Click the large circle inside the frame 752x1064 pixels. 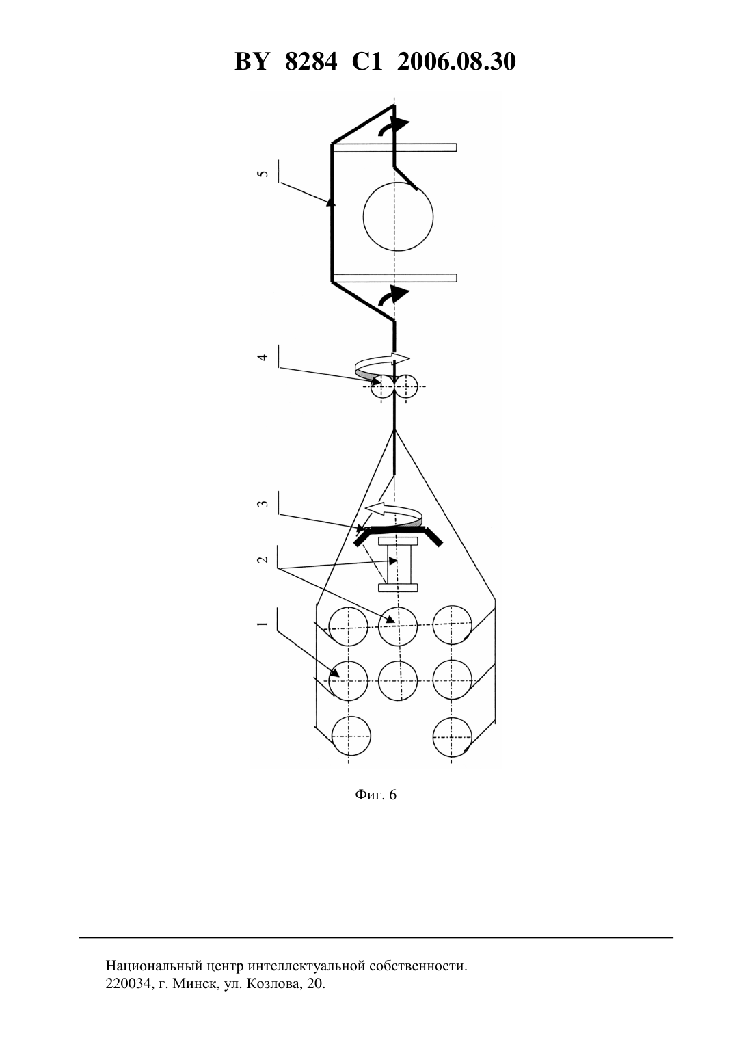tap(398, 181)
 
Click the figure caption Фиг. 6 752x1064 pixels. tap(375, 795)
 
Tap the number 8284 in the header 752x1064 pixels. tap(311, 62)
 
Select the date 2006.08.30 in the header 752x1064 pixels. tap(456, 62)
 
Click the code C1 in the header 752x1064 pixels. tap(367, 62)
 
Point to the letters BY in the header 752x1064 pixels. tap(252, 62)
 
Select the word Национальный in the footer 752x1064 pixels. tap(154, 966)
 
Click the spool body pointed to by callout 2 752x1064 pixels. tap(398, 565)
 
